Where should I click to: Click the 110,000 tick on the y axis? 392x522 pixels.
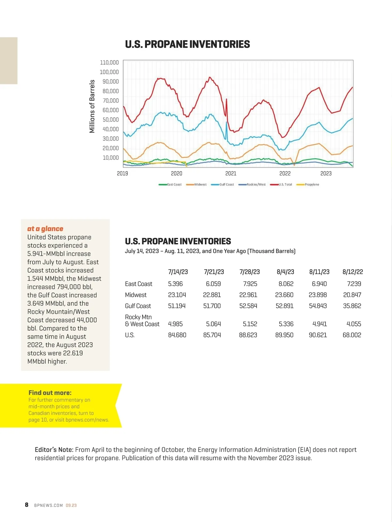pyautogui.click(x=109, y=62)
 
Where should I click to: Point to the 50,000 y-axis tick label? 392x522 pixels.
pyautogui.click(x=110, y=120)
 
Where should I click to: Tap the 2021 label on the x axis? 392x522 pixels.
pyautogui.click(x=231, y=173)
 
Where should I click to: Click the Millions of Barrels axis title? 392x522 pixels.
pyautogui.click(x=92, y=106)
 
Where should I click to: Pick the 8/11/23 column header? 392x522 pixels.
pyautogui.click(x=319, y=272)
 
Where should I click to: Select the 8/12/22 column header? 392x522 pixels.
pyautogui.click(x=352, y=272)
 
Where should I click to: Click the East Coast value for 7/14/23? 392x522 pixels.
pyautogui.click(x=175, y=284)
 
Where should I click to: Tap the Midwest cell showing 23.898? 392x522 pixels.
pyautogui.click(x=318, y=295)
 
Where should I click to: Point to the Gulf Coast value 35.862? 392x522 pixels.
pyautogui.click(x=352, y=306)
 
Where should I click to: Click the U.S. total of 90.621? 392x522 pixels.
pyautogui.click(x=318, y=335)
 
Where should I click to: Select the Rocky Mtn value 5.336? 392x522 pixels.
pyautogui.click(x=286, y=324)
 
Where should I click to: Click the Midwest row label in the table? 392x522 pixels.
pyautogui.click(x=136, y=295)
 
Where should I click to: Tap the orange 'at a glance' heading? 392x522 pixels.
pyautogui.click(x=45, y=229)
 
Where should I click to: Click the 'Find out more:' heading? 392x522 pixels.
pyautogui.click(x=50, y=393)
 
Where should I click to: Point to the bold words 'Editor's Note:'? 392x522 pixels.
pyautogui.click(x=54, y=450)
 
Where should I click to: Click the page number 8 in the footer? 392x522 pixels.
pyautogui.click(x=26, y=505)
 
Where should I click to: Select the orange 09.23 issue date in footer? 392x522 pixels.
pyautogui.click(x=71, y=505)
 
